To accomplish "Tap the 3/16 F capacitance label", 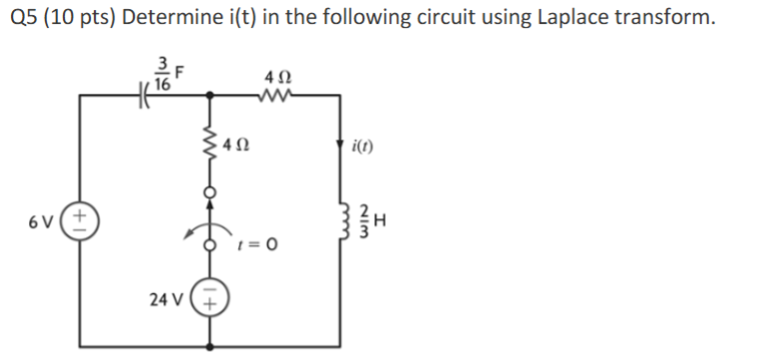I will [166, 76].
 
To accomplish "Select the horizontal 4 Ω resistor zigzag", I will [272, 97].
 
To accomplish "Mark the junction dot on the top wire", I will [209, 97].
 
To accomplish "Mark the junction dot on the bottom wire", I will [209, 346].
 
